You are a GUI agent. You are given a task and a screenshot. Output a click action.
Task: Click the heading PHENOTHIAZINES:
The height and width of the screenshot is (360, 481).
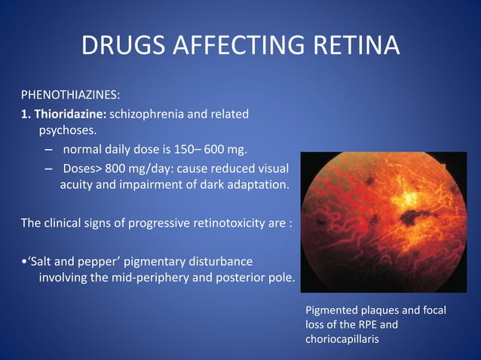[69, 96]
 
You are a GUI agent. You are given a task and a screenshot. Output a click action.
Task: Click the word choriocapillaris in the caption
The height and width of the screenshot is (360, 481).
[342, 339]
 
